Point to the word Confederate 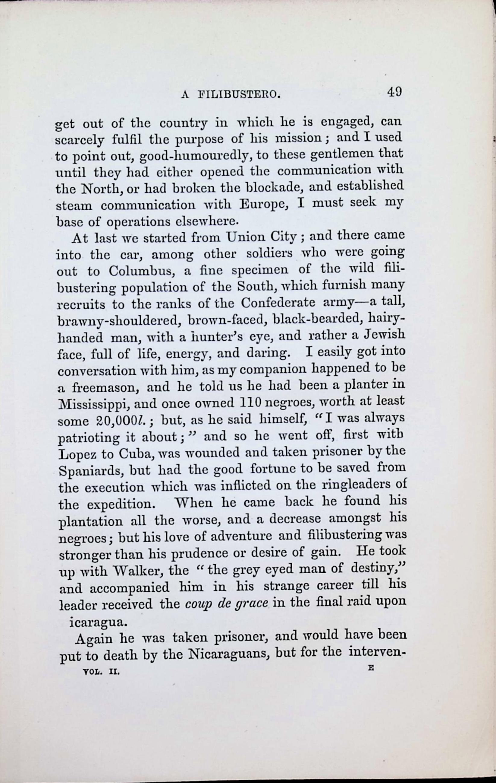click(x=278, y=304)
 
